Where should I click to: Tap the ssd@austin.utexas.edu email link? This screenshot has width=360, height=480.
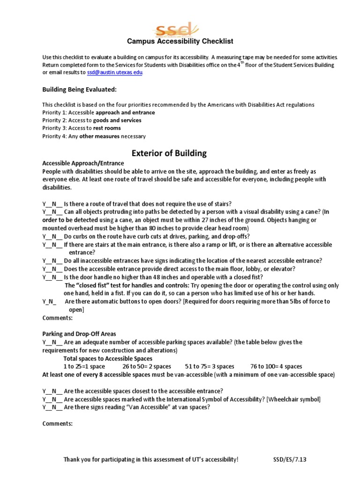[x=115, y=73]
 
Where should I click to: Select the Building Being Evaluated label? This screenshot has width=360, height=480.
[x=79, y=90]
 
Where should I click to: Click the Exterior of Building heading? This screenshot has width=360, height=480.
[x=168, y=153]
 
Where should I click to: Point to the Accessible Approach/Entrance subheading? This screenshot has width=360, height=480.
[x=83, y=163]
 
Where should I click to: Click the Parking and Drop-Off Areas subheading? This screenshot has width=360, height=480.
[x=79, y=334]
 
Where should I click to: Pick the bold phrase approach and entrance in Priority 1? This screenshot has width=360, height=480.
[x=125, y=112]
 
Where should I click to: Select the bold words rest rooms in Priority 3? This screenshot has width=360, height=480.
[x=107, y=128]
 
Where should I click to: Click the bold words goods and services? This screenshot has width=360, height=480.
[x=117, y=120]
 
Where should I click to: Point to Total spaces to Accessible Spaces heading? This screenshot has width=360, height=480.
[x=108, y=359]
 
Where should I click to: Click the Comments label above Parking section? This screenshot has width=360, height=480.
[x=57, y=318]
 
